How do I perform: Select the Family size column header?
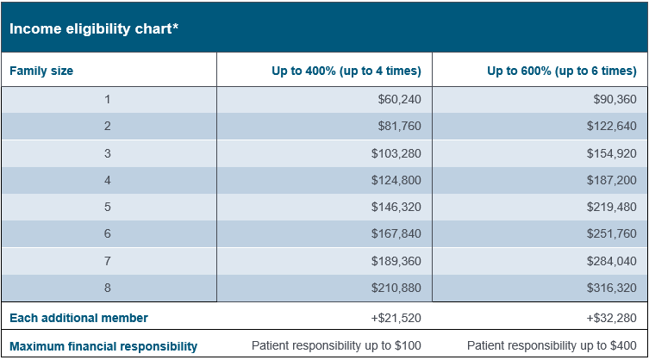(x=41, y=71)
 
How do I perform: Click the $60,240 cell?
(x=399, y=100)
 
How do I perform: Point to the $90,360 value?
(x=615, y=100)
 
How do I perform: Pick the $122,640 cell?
(x=611, y=127)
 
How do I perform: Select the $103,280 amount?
(x=396, y=153)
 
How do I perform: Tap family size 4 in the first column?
(x=108, y=180)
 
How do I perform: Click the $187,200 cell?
(x=611, y=180)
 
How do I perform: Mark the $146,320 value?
(x=396, y=208)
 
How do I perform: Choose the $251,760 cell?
(x=611, y=234)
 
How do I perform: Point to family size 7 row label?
(x=108, y=261)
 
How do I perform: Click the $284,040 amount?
(x=611, y=261)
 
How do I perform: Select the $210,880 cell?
(x=396, y=288)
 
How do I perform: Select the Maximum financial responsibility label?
(x=103, y=346)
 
